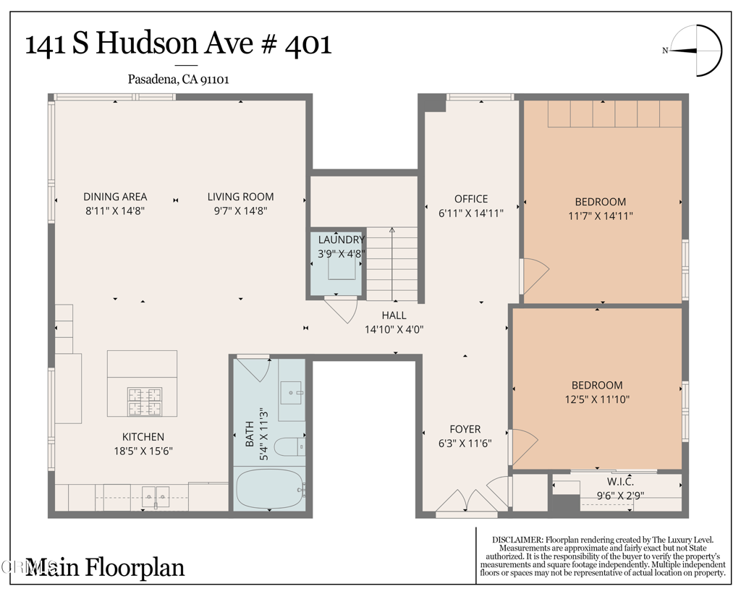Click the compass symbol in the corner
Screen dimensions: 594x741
click(x=697, y=51)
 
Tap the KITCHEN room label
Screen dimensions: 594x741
click(x=143, y=437)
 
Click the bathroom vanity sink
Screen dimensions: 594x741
click(x=292, y=395)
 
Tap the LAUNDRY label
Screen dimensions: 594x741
click(x=342, y=239)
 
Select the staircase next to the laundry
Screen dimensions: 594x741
click(x=391, y=264)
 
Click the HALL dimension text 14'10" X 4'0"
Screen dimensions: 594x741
click(x=394, y=329)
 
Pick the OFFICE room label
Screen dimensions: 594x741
click(x=471, y=199)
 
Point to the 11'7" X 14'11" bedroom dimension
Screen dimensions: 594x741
click(x=600, y=215)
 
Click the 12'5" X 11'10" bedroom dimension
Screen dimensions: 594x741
click(x=597, y=399)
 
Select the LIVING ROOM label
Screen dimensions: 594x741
click(x=240, y=197)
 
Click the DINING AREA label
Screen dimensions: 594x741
click(x=115, y=197)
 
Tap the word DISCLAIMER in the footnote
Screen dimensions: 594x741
click(x=516, y=540)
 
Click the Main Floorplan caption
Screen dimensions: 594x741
click(x=105, y=567)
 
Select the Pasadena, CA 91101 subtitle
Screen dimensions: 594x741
click(x=179, y=80)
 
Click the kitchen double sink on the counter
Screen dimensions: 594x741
click(x=155, y=495)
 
